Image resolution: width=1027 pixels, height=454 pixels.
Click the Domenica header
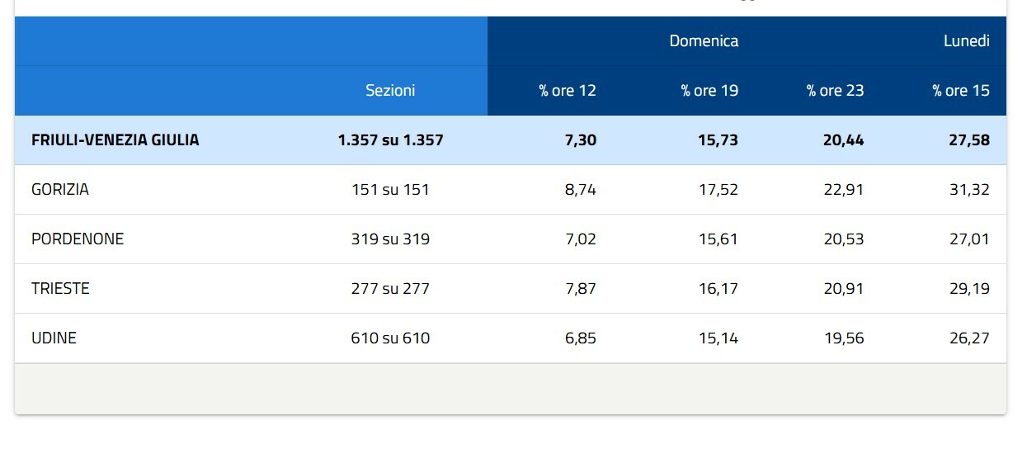[x=704, y=41]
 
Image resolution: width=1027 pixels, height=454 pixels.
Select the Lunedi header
[x=967, y=41]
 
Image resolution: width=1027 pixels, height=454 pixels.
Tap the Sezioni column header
[x=390, y=90]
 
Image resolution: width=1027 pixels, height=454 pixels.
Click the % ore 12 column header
[x=568, y=91]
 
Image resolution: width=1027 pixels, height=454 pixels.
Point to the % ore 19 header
[x=709, y=91]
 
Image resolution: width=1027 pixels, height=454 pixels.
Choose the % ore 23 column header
[x=836, y=91]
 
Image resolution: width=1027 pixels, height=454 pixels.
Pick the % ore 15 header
[x=961, y=91]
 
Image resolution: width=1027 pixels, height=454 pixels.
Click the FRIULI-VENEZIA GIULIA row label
[x=115, y=140]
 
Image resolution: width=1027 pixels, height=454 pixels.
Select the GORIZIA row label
[x=60, y=189]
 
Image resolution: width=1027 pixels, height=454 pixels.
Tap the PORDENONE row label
[x=78, y=239]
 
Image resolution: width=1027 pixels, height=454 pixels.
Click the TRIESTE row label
[x=60, y=288]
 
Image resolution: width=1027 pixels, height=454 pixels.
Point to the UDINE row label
[x=54, y=338]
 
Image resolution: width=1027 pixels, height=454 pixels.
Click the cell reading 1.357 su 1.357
[x=390, y=140]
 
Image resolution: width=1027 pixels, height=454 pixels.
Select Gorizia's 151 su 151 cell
[x=390, y=189]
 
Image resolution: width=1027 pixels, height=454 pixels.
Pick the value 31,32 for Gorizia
[x=969, y=189]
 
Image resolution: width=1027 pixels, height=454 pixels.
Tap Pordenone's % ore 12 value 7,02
[x=581, y=239]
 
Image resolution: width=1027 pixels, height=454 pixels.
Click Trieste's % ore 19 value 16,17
[x=718, y=288]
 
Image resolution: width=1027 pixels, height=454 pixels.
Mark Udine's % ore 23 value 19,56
[x=844, y=338]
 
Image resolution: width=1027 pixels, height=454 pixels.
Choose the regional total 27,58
[x=969, y=140]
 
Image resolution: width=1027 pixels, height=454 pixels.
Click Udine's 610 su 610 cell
[x=390, y=338]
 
